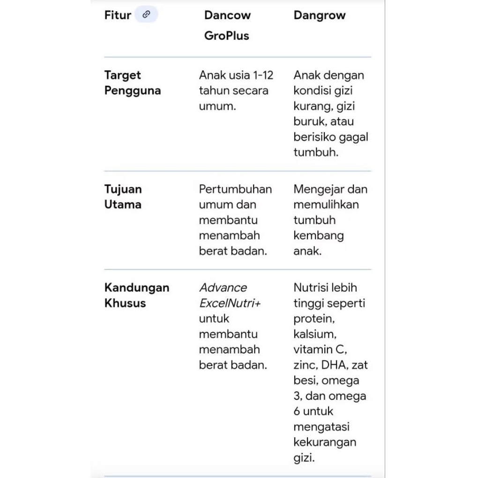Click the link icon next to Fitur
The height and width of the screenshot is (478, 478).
(146, 15)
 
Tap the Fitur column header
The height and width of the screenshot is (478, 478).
(118, 15)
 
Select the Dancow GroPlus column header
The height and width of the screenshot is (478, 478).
(227, 25)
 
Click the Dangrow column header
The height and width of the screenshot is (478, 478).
(319, 15)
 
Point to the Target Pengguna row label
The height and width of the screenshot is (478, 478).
(132, 83)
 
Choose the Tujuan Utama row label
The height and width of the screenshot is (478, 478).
(123, 197)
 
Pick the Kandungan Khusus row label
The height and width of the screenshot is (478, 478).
(136, 295)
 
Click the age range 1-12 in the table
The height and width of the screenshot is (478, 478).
(263, 75)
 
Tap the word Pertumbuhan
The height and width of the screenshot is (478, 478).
(235, 189)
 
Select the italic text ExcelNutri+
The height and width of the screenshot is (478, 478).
(230, 303)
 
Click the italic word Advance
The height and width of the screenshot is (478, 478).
(223, 288)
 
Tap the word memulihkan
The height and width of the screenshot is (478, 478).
(326, 205)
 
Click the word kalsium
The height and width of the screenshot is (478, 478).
(314, 334)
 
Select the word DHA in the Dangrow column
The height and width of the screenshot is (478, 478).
(333, 365)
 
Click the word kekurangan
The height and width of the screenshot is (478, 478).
(325, 442)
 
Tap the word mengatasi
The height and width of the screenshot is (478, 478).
(321, 427)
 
